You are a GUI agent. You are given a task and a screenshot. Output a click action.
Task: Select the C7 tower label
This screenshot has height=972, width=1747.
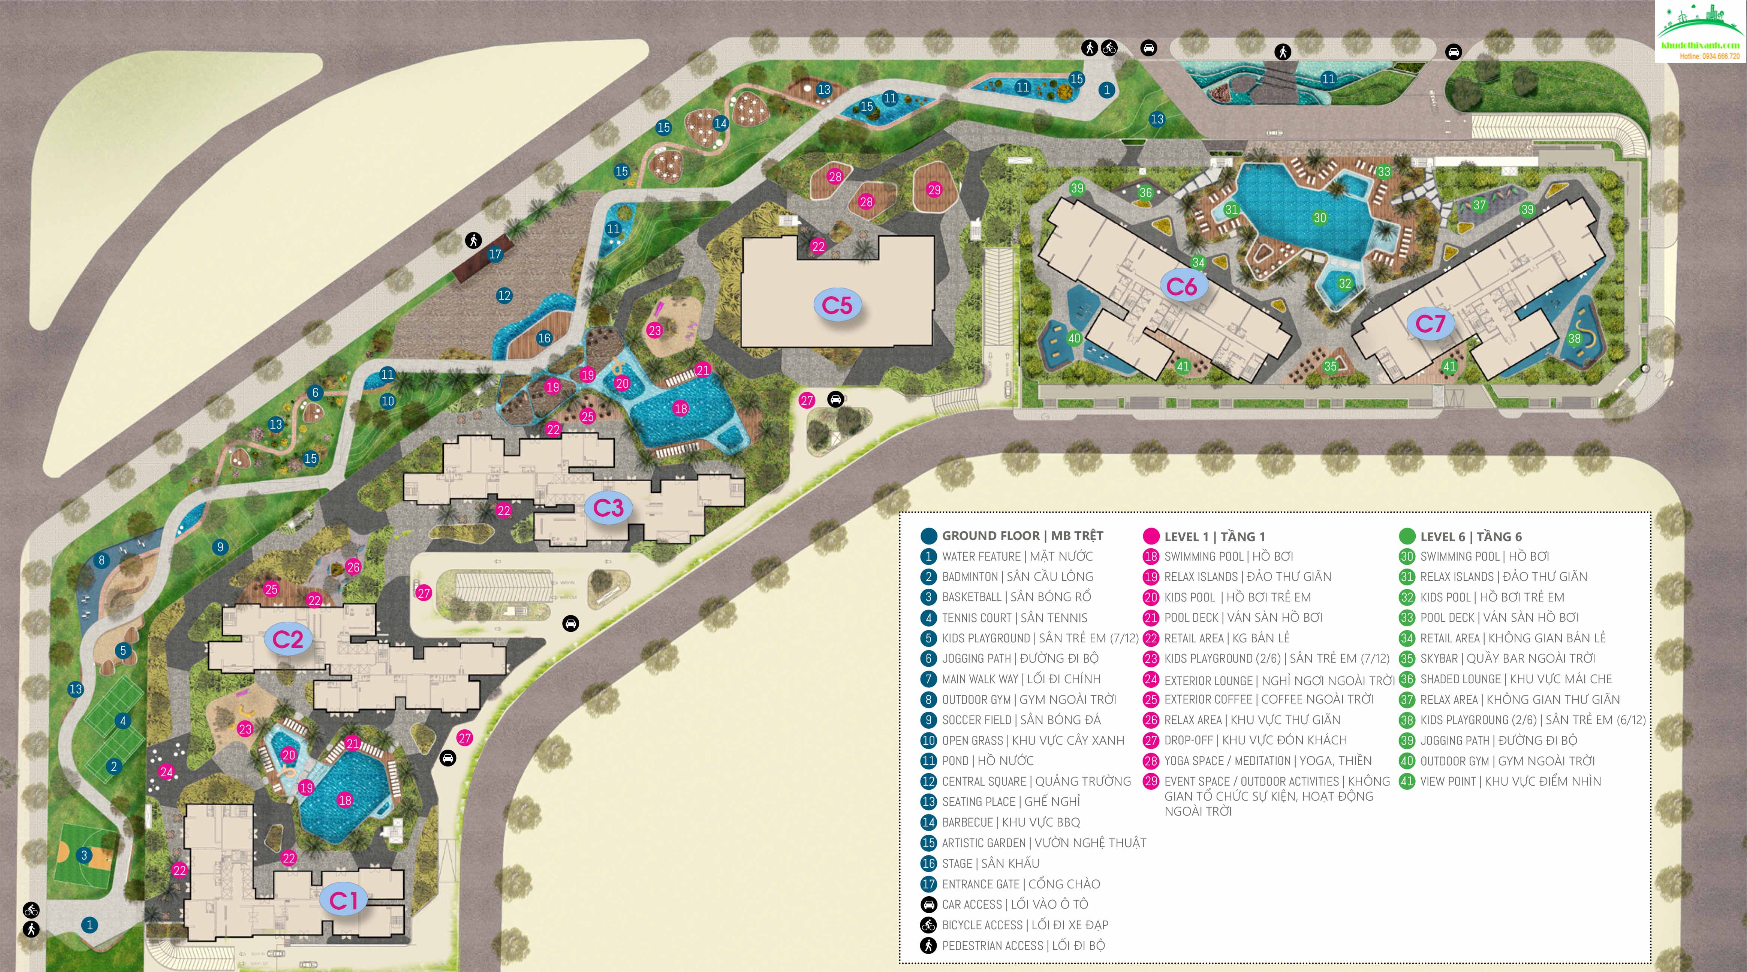tap(1430, 324)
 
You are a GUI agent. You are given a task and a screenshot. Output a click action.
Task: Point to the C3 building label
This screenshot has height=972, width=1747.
tap(608, 508)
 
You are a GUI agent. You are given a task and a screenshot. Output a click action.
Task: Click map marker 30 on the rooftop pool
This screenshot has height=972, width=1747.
tap(1319, 218)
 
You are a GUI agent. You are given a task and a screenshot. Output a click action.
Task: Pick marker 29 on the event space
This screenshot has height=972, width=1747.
tap(934, 190)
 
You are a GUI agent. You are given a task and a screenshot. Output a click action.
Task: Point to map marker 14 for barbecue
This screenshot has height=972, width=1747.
tap(720, 123)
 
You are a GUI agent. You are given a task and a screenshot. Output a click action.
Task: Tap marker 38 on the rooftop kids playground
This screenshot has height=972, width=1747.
tap(1574, 339)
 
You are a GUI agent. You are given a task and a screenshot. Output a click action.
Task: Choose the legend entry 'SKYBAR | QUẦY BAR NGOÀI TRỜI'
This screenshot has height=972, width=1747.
tap(1507, 658)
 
